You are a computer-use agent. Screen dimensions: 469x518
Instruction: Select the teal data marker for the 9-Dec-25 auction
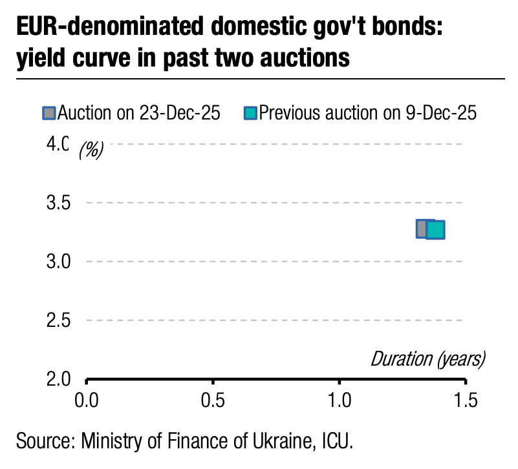click(436, 230)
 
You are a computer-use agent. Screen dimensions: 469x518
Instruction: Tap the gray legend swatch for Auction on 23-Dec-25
click(49, 114)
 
